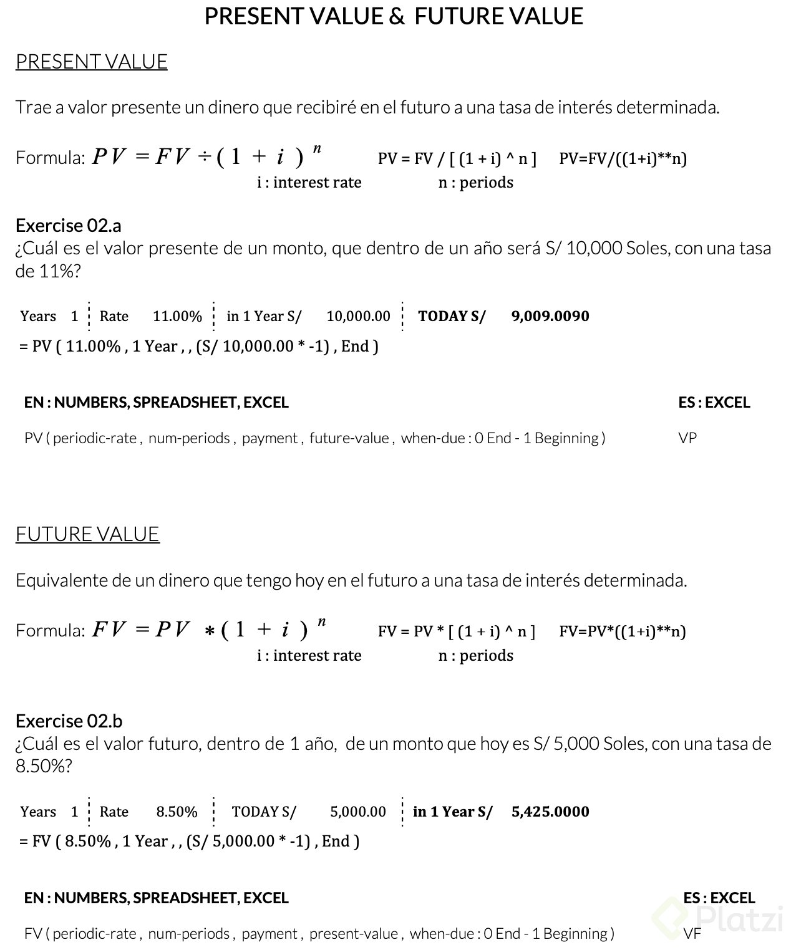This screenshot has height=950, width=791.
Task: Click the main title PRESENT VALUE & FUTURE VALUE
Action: click(394, 16)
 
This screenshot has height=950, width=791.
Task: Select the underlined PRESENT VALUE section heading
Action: click(91, 62)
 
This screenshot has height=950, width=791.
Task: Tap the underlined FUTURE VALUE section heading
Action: click(87, 534)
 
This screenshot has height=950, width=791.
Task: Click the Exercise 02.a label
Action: click(68, 225)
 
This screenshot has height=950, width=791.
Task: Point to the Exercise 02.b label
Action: click(69, 721)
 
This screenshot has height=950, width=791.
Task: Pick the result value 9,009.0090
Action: click(550, 316)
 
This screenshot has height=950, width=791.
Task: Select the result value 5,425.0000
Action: click(550, 812)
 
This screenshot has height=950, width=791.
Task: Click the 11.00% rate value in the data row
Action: click(177, 317)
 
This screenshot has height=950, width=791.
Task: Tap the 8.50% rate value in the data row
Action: click(177, 812)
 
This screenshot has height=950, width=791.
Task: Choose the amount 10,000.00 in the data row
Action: click(358, 317)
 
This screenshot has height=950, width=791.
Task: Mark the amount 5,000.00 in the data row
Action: click(358, 812)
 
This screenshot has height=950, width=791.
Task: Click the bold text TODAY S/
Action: click(452, 317)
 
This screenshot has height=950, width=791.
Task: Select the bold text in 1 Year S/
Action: click(452, 812)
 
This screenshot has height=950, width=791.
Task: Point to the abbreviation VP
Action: click(687, 438)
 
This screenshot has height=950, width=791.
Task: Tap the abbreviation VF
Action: click(692, 934)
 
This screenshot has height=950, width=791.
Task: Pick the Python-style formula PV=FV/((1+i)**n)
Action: click(623, 158)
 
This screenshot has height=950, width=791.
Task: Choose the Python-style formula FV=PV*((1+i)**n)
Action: click(622, 631)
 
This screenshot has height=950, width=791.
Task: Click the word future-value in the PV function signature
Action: click(349, 438)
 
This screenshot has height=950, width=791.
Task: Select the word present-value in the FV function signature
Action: click(354, 934)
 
